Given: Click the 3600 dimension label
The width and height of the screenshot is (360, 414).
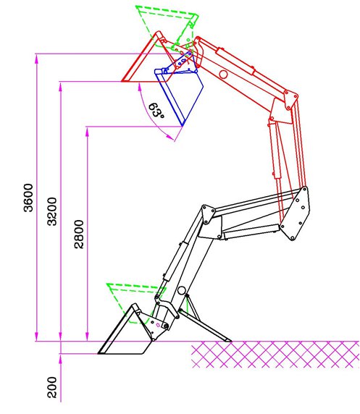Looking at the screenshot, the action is pos(28,198).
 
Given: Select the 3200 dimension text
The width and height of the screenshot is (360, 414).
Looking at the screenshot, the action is pos(52,211).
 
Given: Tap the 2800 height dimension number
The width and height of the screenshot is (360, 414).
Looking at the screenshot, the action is pos(79,235).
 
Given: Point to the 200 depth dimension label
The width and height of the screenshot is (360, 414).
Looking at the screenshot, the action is pos(52,387).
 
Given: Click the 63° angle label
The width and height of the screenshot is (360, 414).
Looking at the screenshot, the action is pos(156,111).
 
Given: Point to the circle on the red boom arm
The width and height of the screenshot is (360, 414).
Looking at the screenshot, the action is pos(223,75).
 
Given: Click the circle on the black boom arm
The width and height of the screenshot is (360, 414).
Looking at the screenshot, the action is pos(182,290).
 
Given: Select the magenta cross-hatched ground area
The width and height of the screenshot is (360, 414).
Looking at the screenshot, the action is pos(275,355).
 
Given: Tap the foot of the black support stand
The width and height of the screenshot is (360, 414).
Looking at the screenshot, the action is pos(228,339).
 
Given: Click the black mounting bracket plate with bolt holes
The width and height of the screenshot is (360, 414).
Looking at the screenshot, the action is pos(295,214).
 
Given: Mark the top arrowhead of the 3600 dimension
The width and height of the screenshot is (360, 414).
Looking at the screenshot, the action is pos(37,59).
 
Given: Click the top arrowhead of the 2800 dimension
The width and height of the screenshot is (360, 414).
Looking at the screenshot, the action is pos(87,132).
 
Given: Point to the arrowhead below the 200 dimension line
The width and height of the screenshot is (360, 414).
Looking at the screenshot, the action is pos(60,359).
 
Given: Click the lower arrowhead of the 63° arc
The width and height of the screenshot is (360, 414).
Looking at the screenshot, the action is pos(170,137).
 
